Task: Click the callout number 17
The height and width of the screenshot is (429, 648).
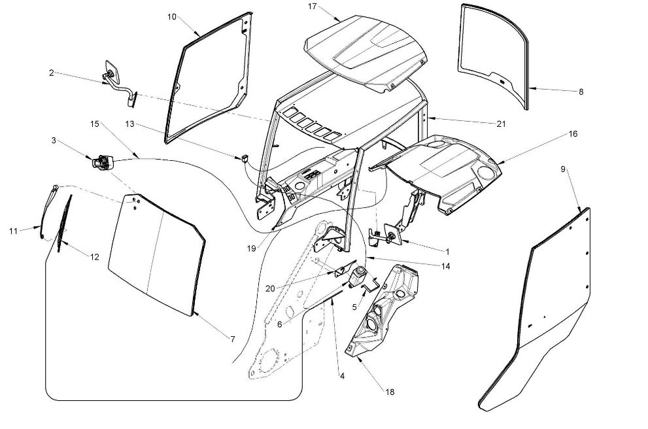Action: click(312, 7)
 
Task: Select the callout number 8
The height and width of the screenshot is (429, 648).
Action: click(581, 92)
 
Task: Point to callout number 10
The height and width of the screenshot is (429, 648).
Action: click(172, 16)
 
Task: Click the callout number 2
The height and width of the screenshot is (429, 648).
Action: click(51, 73)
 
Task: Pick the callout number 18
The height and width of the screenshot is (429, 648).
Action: click(390, 392)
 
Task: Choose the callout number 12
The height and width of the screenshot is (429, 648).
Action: click(95, 257)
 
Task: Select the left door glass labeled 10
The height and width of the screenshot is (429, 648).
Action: click(206, 78)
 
